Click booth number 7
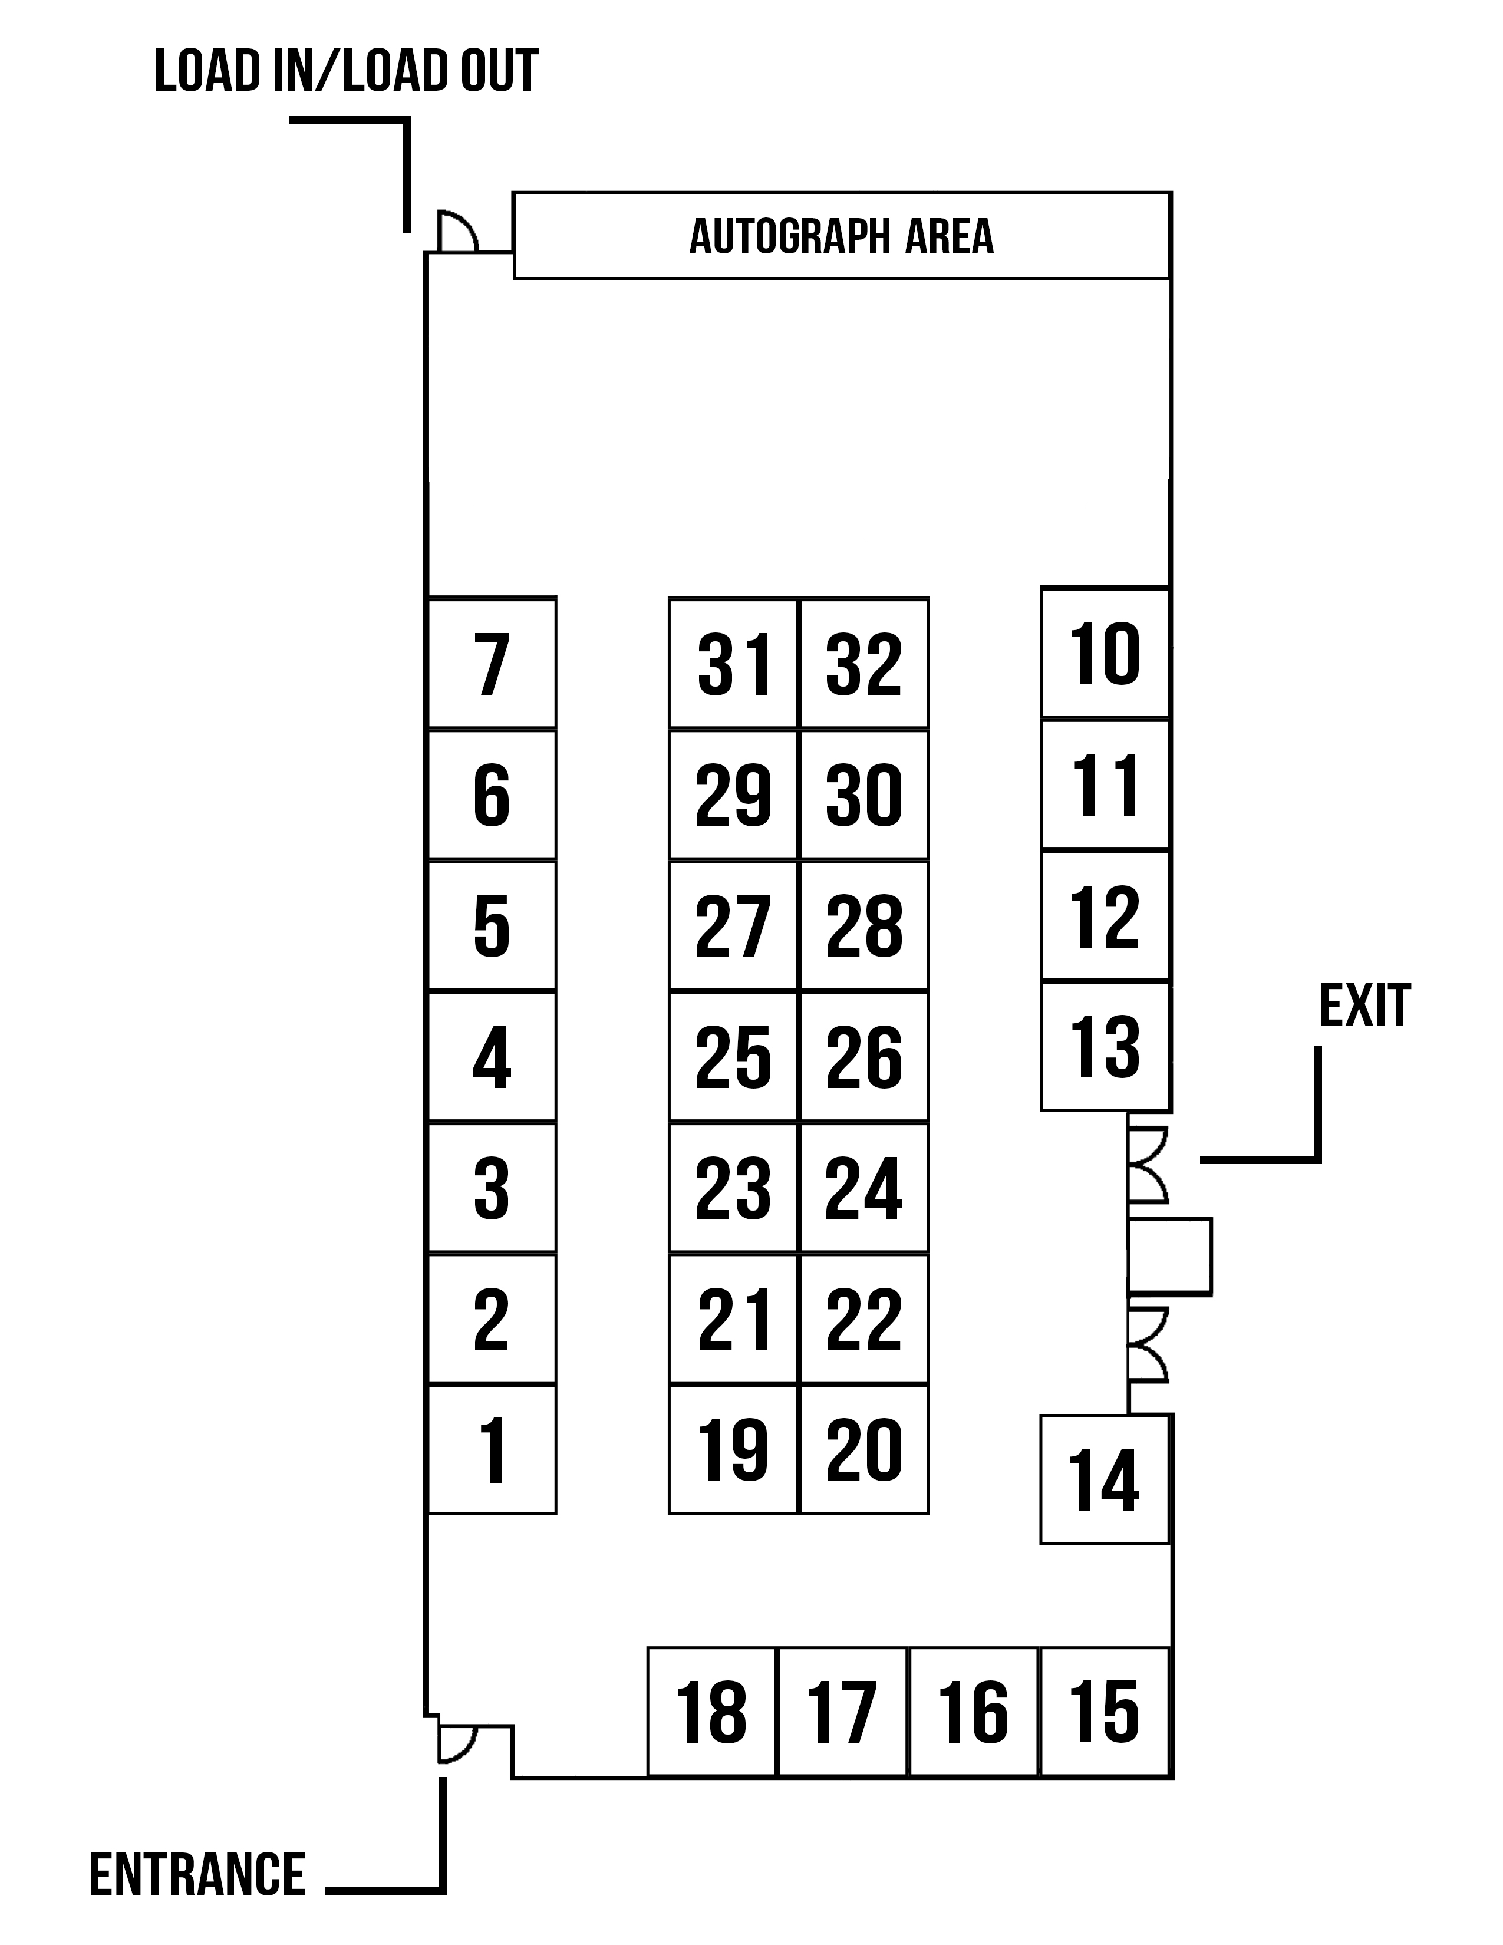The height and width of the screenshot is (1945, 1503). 492,662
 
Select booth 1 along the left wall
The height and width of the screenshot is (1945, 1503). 492,1448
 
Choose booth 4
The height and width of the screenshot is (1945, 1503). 492,1056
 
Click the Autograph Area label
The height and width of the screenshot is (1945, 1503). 842,236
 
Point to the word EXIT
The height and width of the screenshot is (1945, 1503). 1364,1006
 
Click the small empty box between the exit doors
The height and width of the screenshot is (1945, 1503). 1170,1255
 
